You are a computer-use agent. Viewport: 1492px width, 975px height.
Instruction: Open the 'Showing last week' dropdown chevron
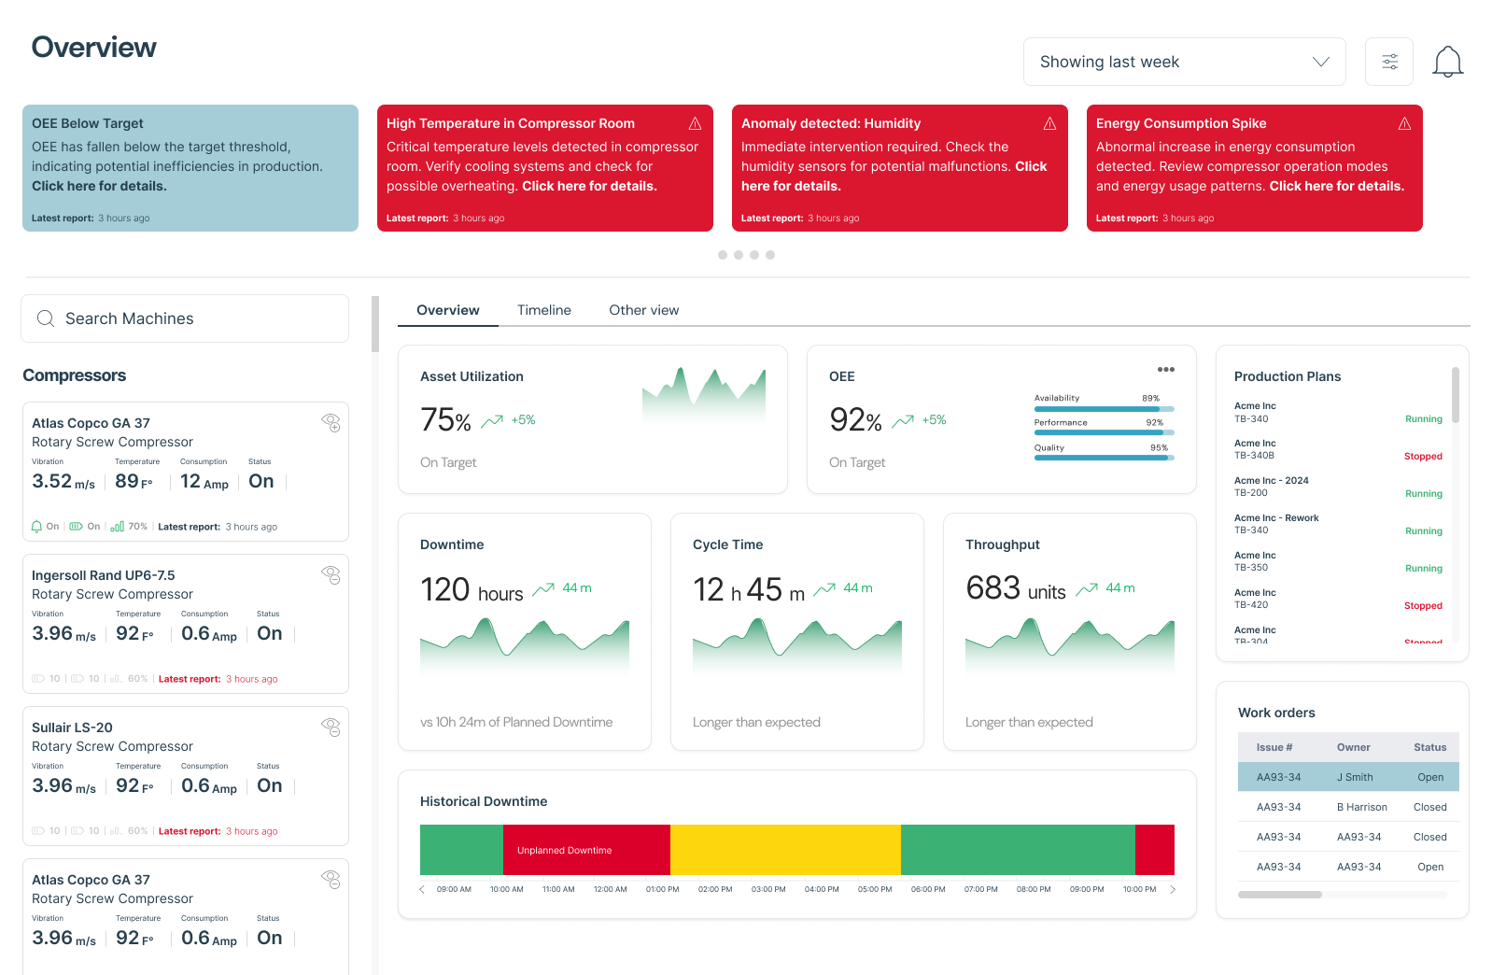[x=1320, y=62]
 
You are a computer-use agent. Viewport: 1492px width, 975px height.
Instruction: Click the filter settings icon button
[x=1389, y=62]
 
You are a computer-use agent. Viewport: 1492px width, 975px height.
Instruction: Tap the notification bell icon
[x=1447, y=62]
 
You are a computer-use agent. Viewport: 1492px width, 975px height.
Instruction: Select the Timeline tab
[x=543, y=310]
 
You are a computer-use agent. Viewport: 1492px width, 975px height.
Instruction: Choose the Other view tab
[x=643, y=310]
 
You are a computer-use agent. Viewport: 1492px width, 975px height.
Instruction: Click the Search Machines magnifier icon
[x=45, y=318]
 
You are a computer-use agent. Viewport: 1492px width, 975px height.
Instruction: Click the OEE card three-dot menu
[x=1165, y=370]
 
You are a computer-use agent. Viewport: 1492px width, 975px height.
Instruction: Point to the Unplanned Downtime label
[x=564, y=850]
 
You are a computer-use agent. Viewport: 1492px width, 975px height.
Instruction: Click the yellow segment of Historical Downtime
[x=784, y=850]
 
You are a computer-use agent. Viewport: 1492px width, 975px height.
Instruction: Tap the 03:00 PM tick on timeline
[x=768, y=889]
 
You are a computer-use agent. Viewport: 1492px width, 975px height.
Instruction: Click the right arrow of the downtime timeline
[x=1173, y=889]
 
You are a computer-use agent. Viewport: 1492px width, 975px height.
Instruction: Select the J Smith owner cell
[x=1355, y=777]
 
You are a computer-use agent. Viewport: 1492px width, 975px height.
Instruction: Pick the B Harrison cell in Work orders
[x=1361, y=807]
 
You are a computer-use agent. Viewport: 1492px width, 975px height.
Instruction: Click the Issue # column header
[x=1274, y=747]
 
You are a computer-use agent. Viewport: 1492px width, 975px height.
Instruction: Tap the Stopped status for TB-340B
[x=1423, y=457]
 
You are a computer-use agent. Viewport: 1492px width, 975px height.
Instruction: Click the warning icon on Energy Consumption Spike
[x=1404, y=123]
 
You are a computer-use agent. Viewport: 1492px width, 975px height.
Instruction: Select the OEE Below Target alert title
[x=88, y=123]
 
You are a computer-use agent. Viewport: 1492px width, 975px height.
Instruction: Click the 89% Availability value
[x=1150, y=398]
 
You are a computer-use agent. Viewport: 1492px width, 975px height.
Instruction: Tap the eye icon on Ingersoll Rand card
[x=331, y=574]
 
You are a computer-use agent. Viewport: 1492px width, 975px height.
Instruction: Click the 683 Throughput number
[x=992, y=588]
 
